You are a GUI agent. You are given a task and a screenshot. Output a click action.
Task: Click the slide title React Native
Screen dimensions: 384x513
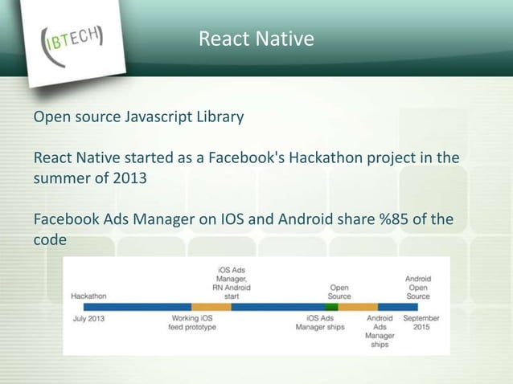pyautogui.click(x=256, y=38)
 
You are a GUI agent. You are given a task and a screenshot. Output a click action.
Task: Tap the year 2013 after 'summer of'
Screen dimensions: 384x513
pyautogui.click(x=129, y=178)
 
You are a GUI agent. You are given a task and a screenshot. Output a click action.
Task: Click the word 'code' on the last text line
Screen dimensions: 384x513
pyautogui.click(x=48, y=239)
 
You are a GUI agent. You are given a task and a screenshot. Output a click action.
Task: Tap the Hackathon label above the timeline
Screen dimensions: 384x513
pyautogui.click(x=89, y=295)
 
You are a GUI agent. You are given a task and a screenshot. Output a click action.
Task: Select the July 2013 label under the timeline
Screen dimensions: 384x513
pyautogui.click(x=88, y=317)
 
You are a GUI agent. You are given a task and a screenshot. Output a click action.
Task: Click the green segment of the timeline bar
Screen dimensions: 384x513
pyautogui.click(x=331, y=306)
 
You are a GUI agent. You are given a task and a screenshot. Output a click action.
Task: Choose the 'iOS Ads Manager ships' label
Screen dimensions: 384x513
pyautogui.click(x=320, y=322)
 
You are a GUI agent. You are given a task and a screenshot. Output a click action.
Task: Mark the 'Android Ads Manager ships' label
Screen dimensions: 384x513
pyautogui.click(x=380, y=331)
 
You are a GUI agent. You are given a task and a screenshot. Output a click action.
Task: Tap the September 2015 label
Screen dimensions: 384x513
pyautogui.click(x=421, y=322)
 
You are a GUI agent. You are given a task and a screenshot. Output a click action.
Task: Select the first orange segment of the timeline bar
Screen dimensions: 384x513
pyautogui.click(x=211, y=306)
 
